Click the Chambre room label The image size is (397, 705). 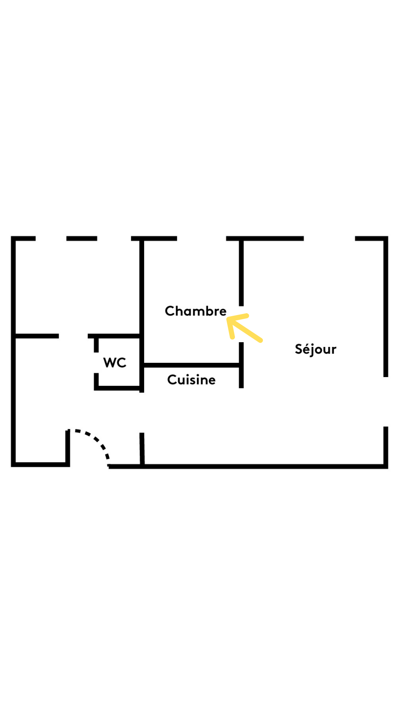point(196,311)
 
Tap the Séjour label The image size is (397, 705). point(315,349)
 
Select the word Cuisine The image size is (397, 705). point(191,380)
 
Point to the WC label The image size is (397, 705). point(115,363)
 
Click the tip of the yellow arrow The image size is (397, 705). point(228,318)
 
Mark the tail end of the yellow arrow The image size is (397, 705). point(261,341)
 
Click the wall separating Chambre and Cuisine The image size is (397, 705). point(191,365)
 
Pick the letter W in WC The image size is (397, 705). point(110,363)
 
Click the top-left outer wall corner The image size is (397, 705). point(14,239)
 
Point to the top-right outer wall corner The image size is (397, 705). point(386,239)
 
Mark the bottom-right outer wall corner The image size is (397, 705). point(386,466)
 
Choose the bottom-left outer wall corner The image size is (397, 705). point(14,464)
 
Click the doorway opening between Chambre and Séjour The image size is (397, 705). point(241,324)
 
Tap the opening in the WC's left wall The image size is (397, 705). point(96,363)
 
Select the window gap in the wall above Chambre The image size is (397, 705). point(201,239)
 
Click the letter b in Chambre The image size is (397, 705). point(209,311)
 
